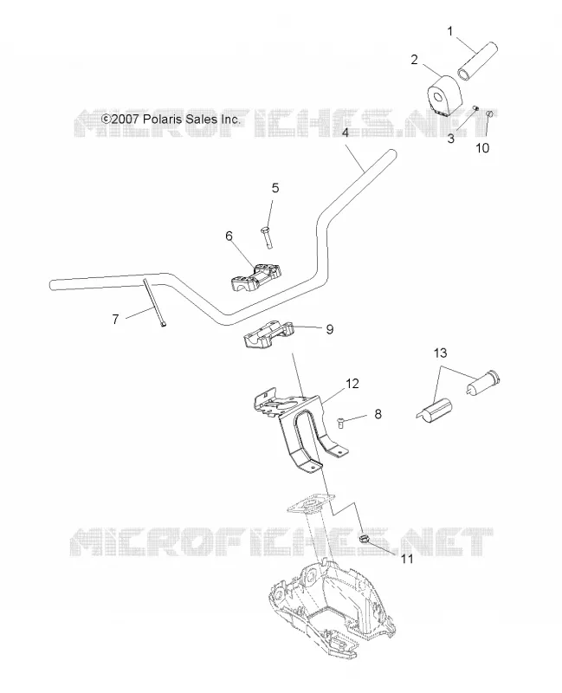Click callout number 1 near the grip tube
click(x=449, y=32)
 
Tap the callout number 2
click(x=414, y=60)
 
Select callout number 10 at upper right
click(x=482, y=148)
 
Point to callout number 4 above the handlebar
click(x=346, y=133)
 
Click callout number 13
click(x=440, y=353)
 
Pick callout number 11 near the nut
click(x=407, y=559)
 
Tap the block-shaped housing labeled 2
click(x=444, y=97)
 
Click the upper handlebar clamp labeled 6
click(x=256, y=278)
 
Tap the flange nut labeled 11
click(x=364, y=539)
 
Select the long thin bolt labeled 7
click(x=154, y=301)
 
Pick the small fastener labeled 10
click(x=489, y=115)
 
